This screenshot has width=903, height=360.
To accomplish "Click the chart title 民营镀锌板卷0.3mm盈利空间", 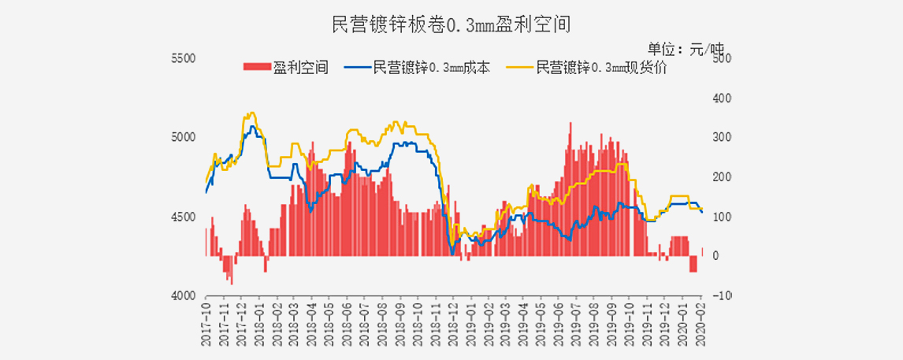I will pos(451,25).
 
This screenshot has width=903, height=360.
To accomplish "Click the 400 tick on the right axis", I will pos(722,98).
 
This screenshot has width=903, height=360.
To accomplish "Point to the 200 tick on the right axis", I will pos(722,177).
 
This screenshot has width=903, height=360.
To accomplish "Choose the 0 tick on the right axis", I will pos(715,256).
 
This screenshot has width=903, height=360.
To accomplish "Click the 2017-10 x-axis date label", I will pos(206,319).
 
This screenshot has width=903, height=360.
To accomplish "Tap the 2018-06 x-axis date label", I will pos(346,319).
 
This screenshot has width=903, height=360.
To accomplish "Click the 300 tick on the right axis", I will pos(722,138).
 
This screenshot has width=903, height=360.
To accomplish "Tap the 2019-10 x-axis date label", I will pos(630,319).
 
